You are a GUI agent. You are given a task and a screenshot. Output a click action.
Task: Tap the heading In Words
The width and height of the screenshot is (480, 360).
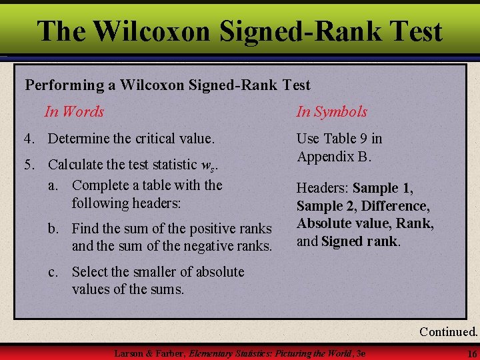[x=74, y=111]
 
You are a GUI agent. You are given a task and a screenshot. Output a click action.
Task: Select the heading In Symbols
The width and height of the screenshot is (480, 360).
[x=331, y=111]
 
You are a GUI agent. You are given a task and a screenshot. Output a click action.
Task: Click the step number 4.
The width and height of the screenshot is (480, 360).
[x=28, y=139]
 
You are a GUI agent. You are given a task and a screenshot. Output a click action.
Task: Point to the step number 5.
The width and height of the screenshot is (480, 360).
[x=28, y=164]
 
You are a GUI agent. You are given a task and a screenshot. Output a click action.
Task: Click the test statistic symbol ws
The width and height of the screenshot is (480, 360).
[x=208, y=165]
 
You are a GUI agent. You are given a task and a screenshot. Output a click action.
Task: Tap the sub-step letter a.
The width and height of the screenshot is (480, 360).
[x=52, y=185]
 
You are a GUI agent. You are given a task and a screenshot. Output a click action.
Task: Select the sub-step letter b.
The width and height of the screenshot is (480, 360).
[x=52, y=229]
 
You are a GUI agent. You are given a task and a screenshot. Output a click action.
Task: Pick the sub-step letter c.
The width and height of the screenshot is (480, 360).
[x=52, y=272]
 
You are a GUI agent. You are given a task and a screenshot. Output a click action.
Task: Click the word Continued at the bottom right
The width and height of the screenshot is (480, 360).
[x=448, y=331]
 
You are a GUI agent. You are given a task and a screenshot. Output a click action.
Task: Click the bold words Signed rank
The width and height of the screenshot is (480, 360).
[x=359, y=241]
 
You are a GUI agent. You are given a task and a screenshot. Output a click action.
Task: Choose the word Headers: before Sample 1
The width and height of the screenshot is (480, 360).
[x=322, y=189]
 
